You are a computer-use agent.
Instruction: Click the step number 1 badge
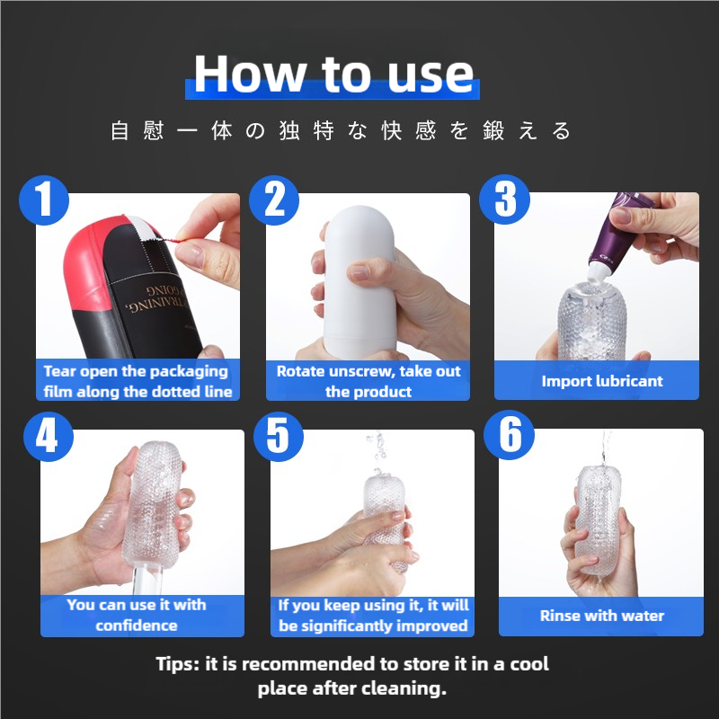44,200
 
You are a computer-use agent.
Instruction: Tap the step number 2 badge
274,200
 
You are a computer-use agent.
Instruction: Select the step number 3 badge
504,200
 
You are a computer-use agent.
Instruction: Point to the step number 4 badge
49,436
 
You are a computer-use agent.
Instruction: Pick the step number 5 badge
279,436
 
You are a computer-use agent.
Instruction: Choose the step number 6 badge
509,435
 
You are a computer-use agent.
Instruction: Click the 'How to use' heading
333,74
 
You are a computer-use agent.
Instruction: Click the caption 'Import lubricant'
602,381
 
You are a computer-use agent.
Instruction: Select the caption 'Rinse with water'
602,616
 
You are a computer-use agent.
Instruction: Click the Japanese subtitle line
341,131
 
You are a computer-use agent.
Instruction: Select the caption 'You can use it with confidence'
137,615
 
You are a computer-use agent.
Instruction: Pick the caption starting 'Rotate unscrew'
368,381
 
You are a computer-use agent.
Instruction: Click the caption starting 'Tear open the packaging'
138,381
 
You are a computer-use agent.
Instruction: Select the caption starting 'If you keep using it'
373,616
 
